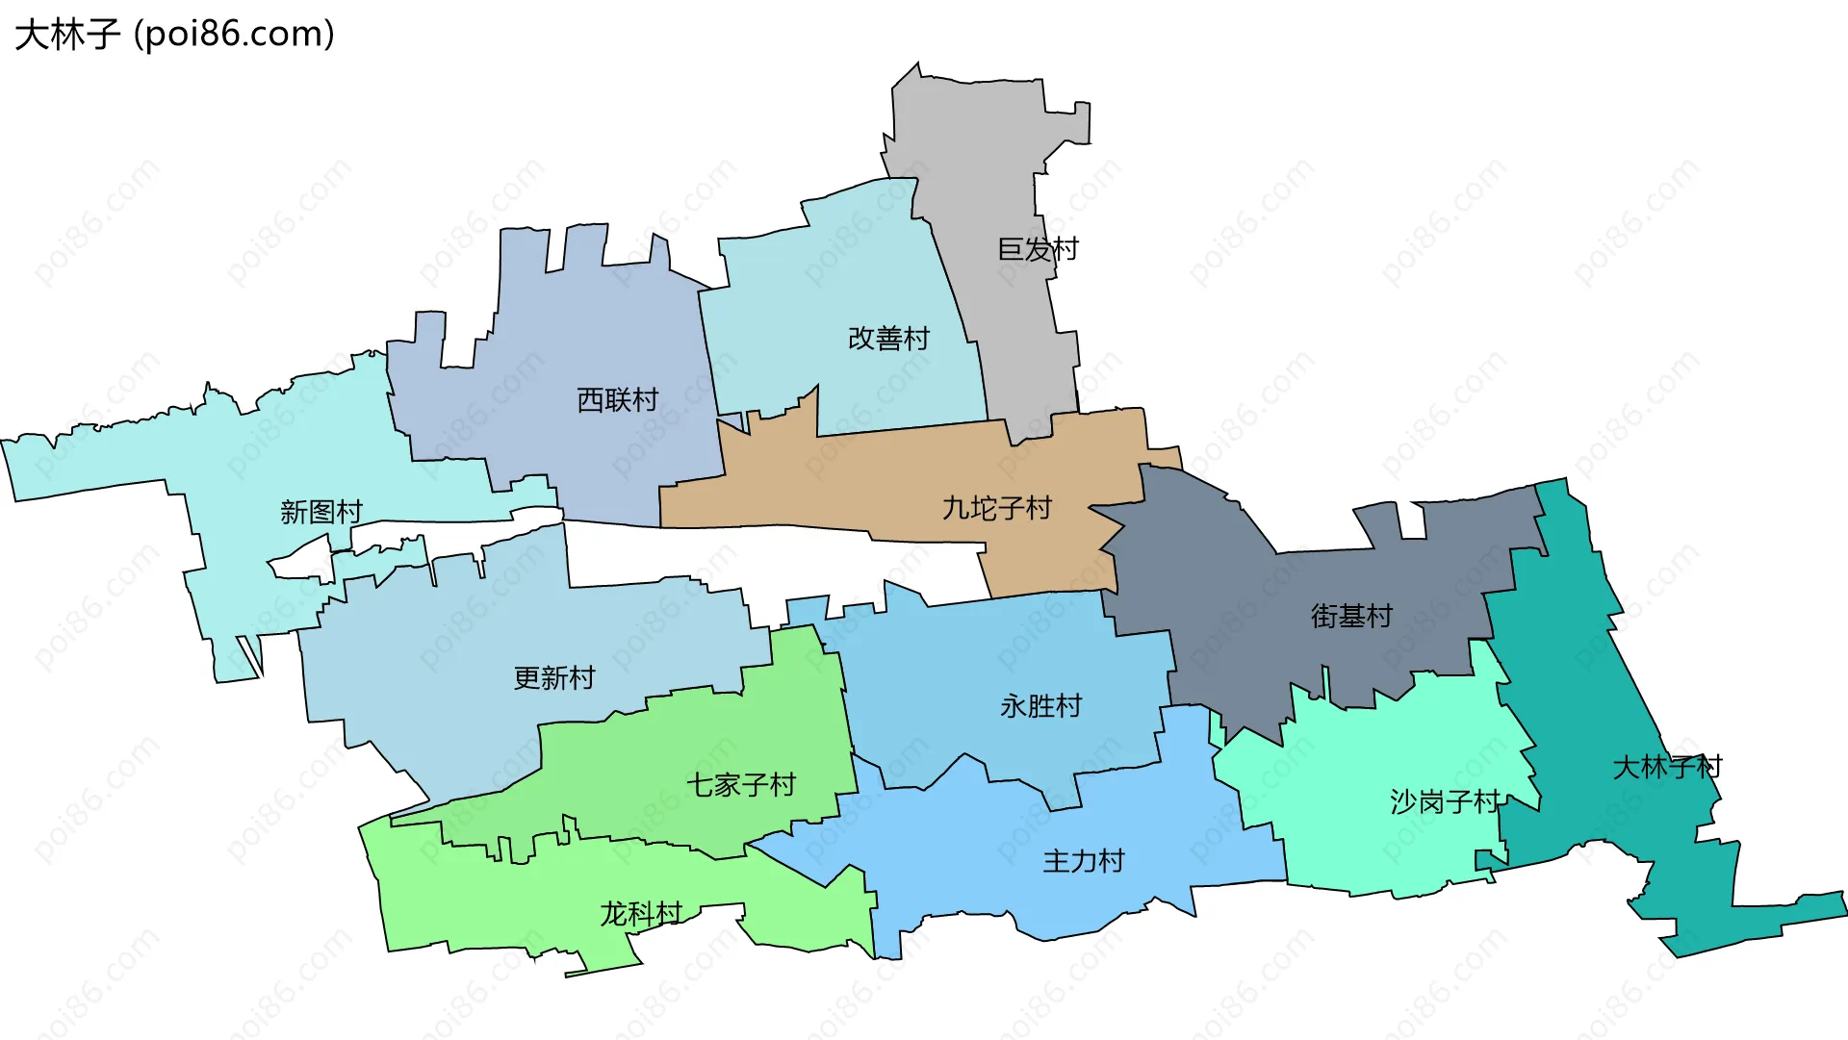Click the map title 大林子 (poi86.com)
pos(174,35)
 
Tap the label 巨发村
pos(1038,250)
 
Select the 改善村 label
pos(888,339)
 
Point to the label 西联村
pos(617,400)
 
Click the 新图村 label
pos(321,512)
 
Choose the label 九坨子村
pos(996,508)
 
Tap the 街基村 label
pos(1351,616)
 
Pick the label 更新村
pos(554,678)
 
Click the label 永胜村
pos(1040,706)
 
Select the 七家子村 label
pos(741,785)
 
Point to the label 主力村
pos(1084,861)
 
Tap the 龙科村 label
pos(641,913)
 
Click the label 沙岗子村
pos(1445,801)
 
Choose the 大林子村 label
pos(1667,768)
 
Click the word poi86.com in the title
pos(236,35)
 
